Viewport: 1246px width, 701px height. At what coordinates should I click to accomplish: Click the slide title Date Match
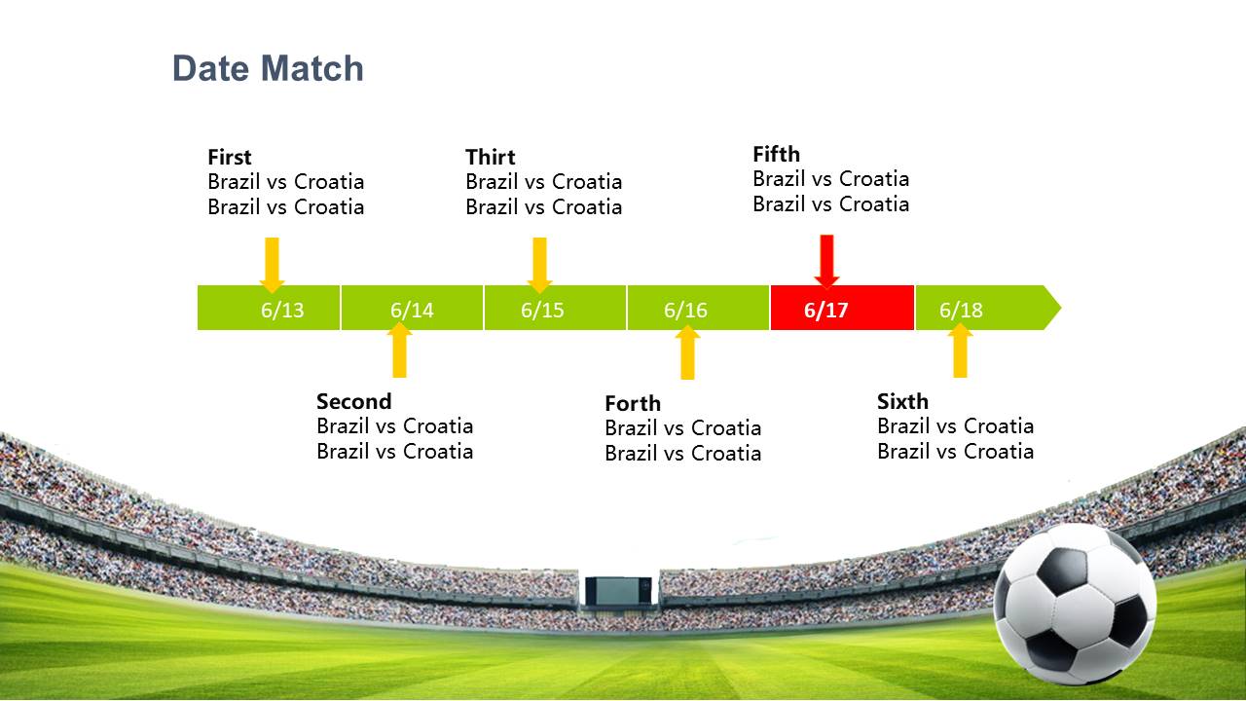268,68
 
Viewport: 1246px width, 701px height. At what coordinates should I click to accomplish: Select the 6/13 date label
282,310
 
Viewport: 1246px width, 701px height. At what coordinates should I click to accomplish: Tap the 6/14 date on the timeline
412,310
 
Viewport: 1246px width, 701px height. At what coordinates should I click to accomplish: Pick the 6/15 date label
542,310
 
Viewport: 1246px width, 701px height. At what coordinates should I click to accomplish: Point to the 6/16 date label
685,310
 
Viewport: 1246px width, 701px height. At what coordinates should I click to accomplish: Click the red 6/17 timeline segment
842,308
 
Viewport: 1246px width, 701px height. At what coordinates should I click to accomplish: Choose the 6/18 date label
961,310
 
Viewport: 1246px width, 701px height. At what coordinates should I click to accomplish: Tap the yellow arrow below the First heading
272,265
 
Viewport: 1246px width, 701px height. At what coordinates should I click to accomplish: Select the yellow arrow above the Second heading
399,350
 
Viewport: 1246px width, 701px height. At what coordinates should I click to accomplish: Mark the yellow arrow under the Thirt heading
539,265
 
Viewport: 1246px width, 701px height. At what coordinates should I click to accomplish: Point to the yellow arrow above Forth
687,352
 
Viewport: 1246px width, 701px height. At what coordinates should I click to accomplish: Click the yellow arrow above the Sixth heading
960,350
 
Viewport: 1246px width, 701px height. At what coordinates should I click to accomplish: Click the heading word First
229,157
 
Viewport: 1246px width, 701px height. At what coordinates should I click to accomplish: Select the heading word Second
353,401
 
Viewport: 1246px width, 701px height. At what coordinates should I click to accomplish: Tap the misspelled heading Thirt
490,157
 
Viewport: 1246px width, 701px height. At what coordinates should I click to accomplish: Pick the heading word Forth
633,403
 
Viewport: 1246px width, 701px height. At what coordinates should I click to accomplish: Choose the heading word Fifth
776,154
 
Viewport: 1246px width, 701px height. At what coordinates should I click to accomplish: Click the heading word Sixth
902,401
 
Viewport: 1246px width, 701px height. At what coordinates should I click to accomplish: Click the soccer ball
1075,604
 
